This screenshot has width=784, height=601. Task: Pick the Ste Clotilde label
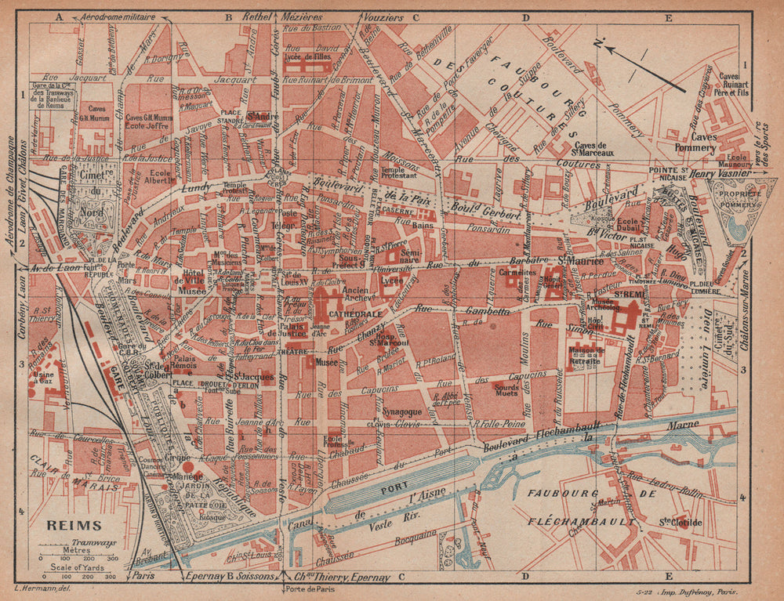point(681,523)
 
